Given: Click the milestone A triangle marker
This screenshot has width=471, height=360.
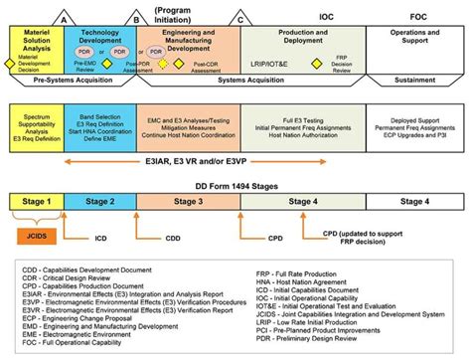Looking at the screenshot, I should pos(65,19).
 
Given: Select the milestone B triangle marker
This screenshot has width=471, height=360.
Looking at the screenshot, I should pos(136,19).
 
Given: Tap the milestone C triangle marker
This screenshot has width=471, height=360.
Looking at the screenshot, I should pos(238,19).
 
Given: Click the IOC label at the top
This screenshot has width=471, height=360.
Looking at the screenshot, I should pos(325,17).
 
